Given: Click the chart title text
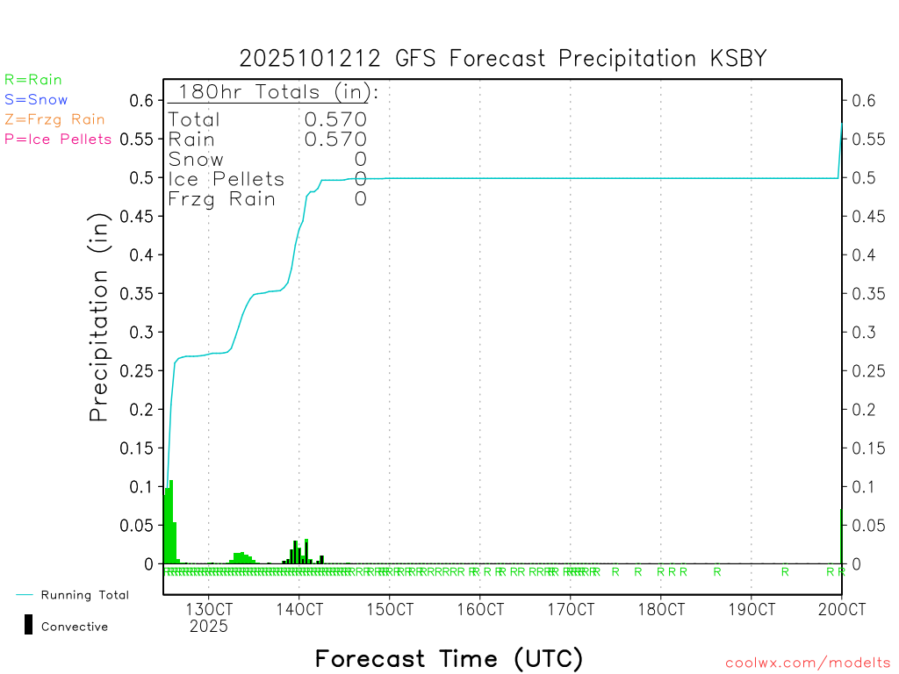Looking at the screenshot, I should pos(503,59).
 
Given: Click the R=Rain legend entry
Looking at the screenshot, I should pos(33,80).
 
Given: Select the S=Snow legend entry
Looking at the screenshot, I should pos(36,100).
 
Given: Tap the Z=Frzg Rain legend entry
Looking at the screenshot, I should pos(54,119).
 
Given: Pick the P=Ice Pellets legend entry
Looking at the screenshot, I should pos(58,139).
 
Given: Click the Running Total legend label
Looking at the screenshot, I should pos(84,595).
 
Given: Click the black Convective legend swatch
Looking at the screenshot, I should pos(29,625).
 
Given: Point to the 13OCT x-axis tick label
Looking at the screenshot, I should pos(209,609).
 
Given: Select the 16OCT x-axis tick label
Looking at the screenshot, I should pos(479,609).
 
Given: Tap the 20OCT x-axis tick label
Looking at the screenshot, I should pos(841,609).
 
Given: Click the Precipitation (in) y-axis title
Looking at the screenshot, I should pos(100,320).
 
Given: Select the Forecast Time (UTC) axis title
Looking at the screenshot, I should pos(449,658).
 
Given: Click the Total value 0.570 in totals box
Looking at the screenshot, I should pos(335,119).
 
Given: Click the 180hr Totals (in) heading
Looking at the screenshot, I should pos(275,92).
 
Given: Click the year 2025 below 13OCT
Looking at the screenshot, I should pos(209,627).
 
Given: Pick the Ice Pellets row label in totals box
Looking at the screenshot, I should pos(227,179).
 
